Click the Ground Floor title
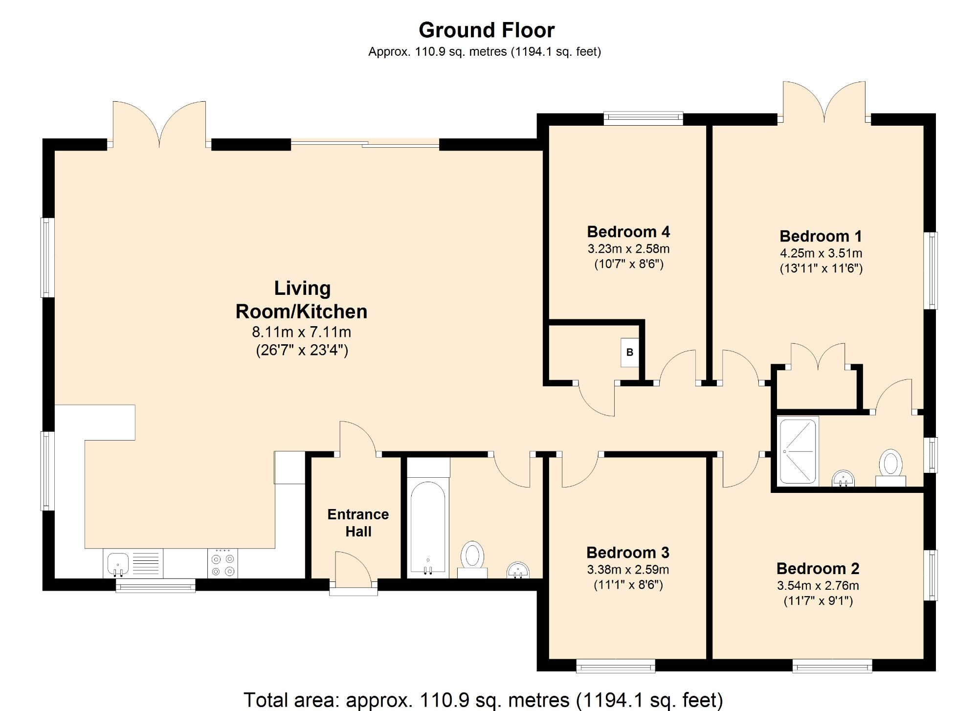point(487,30)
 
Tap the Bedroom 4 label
point(628,231)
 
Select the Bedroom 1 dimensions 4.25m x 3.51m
point(821,253)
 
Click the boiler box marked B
point(630,352)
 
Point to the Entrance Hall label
point(358,523)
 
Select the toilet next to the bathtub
point(472,559)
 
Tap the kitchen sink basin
point(117,563)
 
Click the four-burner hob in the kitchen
point(223,563)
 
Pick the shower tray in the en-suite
point(798,450)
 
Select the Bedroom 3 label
point(628,553)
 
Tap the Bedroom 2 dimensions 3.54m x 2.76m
point(818,585)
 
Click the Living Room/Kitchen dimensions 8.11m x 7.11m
point(302,332)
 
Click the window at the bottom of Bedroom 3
point(616,666)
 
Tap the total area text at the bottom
point(483,700)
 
